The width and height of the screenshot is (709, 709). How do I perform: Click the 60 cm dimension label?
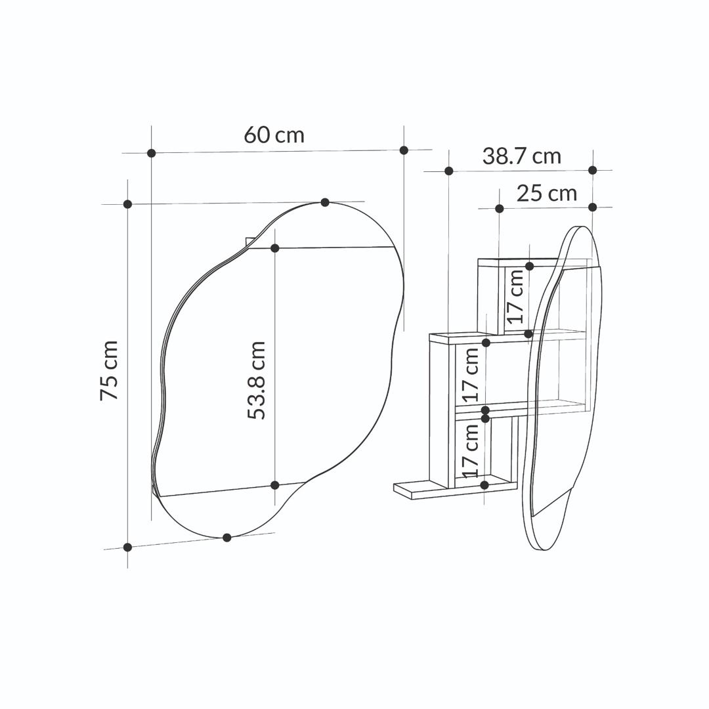point(274,135)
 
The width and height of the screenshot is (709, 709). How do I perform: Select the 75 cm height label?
point(109,370)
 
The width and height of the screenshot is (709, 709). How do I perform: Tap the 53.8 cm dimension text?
point(257,380)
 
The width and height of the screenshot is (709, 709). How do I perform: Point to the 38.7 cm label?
point(521,156)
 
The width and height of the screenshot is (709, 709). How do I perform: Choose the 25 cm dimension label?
point(547,194)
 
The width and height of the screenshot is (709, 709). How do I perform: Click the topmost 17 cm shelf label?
point(515,297)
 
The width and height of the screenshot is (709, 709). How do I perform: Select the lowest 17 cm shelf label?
point(470,451)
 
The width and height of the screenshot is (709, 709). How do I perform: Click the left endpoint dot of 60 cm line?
point(152,153)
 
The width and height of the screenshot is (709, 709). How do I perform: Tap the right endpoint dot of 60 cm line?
point(404,150)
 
